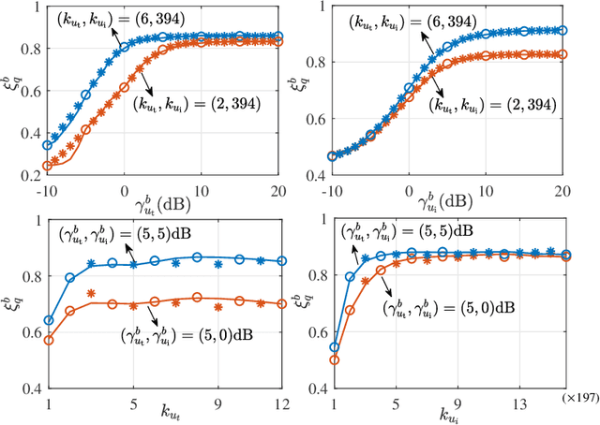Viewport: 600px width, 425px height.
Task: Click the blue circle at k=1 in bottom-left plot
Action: (49, 320)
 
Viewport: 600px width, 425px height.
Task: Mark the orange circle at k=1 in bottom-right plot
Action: (335, 359)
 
